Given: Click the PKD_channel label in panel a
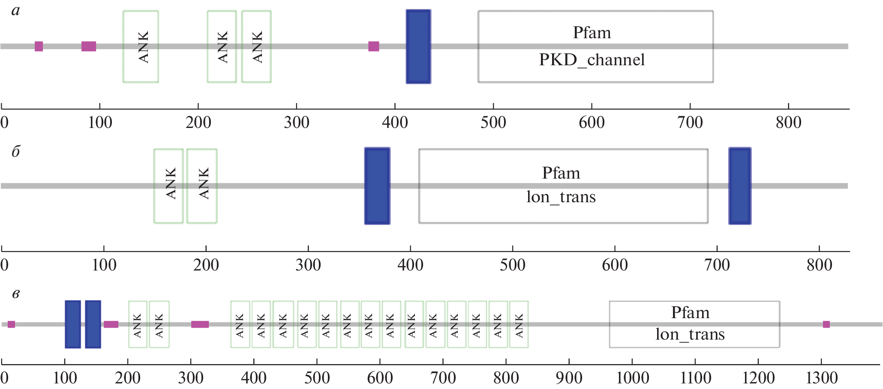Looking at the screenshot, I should pyautogui.click(x=592, y=60).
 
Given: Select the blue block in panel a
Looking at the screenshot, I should pyautogui.click(x=418, y=46).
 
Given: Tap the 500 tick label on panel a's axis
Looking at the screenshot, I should pyautogui.click(x=493, y=123).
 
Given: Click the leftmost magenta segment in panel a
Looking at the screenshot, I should pyautogui.click(x=39, y=46).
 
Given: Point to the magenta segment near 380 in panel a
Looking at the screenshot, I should pyautogui.click(x=373, y=46).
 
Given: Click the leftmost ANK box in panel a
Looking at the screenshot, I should pyautogui.click(x=141, y=46).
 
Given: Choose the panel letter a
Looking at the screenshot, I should pyautogui.click(x=16, y=10).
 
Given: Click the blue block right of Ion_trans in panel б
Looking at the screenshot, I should pyautogui.click(x=740, y=186).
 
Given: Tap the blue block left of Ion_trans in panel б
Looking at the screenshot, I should pyautogui.click(x=377, y=186).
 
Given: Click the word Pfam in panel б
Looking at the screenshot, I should pyautogui.click(x=561, y=173).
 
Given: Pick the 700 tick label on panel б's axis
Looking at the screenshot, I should pyautogui.click(x=717, y=265).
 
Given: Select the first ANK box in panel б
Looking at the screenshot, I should pyautogui.click(x=168, y=186).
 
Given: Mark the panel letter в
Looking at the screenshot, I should pyautogui.click(x=16, y=294).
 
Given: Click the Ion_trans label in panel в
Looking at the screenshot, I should pyautogui.click(x=690, y=334).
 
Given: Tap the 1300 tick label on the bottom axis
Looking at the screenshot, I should pyautogui.click(x=821, y=378).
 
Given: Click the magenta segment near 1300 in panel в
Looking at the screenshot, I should pyautogui.click(x=826, y=324).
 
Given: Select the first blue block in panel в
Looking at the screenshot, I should pyautogui.click(x=73, y=324).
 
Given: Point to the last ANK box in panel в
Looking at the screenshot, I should pyautogui.click(x=519, y=324).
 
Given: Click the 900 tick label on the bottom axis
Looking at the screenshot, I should pyautogui.click(x=569, y=378).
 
